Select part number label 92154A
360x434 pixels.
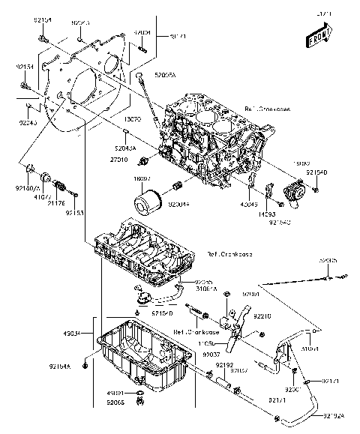[80, 367]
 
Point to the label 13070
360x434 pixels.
[133, 119]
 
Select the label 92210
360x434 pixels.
[271, 318]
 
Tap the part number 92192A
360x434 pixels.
[336, 415]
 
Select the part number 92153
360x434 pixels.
[73, 213]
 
